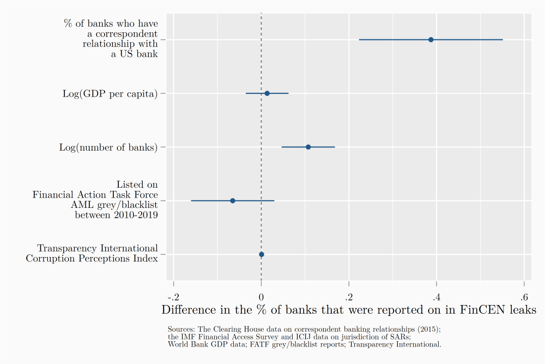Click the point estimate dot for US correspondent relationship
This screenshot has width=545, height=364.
[431, 40]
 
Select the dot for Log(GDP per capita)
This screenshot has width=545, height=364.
[267, 93]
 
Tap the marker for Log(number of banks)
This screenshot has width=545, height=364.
[308, 147]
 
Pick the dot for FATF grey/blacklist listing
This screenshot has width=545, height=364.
[233, 201]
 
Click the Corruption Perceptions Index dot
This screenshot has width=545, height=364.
[262, 254]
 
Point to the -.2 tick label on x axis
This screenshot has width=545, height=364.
[173, 297]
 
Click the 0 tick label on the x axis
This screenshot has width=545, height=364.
[262, 297]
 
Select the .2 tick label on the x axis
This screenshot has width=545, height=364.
[348, 297]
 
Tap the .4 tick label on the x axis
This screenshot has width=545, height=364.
[436, 297]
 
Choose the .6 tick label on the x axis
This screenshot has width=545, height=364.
[523, 297]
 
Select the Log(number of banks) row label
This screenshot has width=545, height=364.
[108, 147]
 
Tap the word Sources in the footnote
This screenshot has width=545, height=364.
[179, 330]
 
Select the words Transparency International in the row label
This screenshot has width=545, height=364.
[98, 249]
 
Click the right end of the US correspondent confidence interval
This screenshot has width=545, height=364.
[502, 40]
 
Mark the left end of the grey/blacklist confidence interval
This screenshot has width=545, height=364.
[191, 201]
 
